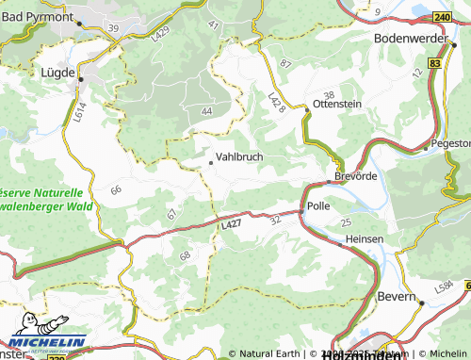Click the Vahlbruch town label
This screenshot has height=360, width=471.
(x=239, y=157)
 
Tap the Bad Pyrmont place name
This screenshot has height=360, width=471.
(x=37, y=17)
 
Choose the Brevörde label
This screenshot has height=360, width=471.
(x=355, y=176)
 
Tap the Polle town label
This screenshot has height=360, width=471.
(x=317, y=205)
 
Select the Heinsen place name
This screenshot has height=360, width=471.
(x=365, y=239)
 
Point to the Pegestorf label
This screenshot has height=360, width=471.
(x=449, y=144)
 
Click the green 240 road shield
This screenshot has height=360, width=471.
(x=444, y=17)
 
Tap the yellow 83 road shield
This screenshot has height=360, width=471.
(x=434, y=62)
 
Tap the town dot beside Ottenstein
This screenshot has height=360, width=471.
(x=306, y=111)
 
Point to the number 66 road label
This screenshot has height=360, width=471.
(x=116, y=190)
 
